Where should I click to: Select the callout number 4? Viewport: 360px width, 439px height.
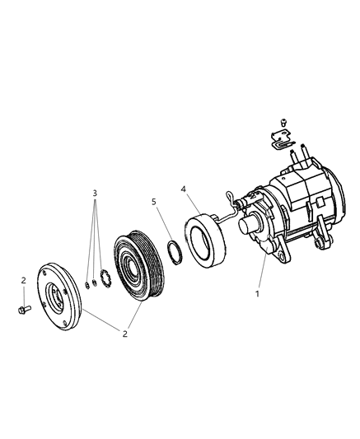(x=184, y=188)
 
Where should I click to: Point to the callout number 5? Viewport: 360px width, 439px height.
(x=153, y=202)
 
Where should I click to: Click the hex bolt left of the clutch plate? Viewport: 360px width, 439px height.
(x=21, y=310)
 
